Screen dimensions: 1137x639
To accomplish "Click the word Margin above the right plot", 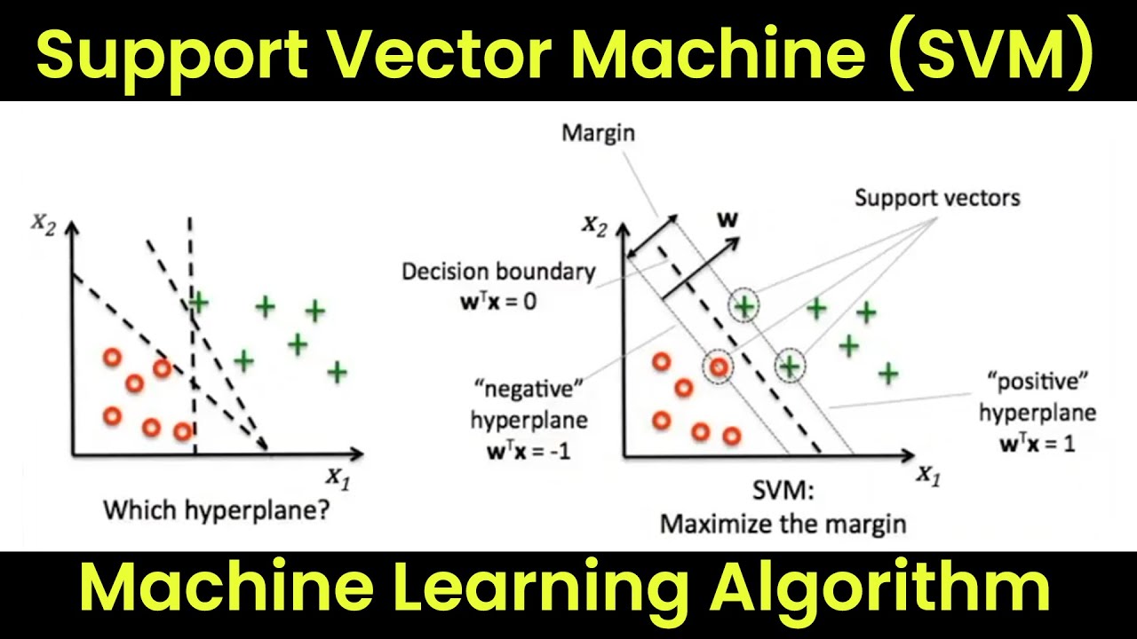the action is [x=599, y=133].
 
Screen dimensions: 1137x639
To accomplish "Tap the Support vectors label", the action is [x=937, y=198].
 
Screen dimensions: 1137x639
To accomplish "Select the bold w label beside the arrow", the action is [x=728, y=219].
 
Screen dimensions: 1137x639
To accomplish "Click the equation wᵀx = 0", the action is [x=498, y=302].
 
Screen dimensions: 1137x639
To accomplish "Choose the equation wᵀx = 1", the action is [x=1038, y=444].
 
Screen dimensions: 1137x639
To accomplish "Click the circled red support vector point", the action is [x=719, y=367].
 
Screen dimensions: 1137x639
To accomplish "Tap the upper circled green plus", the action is [x=744, y=306].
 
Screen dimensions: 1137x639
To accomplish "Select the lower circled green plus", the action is [x=790, y=366].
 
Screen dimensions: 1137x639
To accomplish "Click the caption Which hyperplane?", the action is [x=217, y=510].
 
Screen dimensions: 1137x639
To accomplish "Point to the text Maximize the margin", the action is [x=783, y=525].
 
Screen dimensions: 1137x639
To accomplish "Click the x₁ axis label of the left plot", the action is [x=338, y=478].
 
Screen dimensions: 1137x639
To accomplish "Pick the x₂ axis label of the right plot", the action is [x=595, y=225].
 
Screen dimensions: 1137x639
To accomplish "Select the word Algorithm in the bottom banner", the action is [x=880, y=588].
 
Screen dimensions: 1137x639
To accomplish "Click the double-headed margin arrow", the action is [x=653, y=236].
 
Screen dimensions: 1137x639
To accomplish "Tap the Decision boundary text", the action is [x=498, y=272].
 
